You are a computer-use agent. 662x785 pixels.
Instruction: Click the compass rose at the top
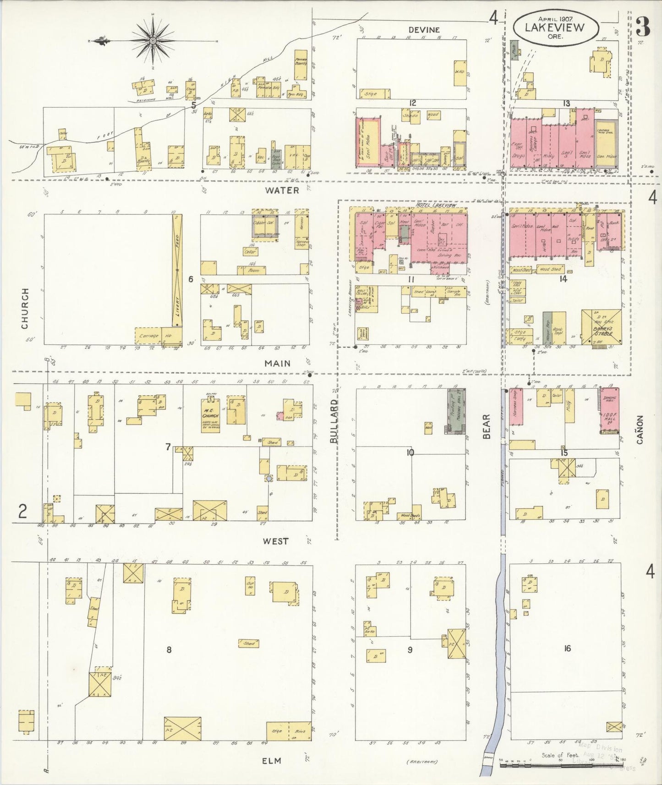(153, 40)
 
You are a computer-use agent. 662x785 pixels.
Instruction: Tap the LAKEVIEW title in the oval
(555, 27)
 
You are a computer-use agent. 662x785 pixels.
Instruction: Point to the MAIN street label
(277, 363)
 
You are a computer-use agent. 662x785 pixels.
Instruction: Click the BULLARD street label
(334, 421)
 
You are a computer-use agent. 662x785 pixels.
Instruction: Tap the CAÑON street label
(640, 430)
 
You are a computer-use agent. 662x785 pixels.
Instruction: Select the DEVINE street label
(424, 30)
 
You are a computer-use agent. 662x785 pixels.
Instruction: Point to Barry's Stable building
(601, 327)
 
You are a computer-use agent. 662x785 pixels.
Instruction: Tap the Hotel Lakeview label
(436, 206)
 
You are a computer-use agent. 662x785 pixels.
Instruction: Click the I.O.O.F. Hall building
(611, 411)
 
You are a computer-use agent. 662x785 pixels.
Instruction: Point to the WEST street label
(276, 541)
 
